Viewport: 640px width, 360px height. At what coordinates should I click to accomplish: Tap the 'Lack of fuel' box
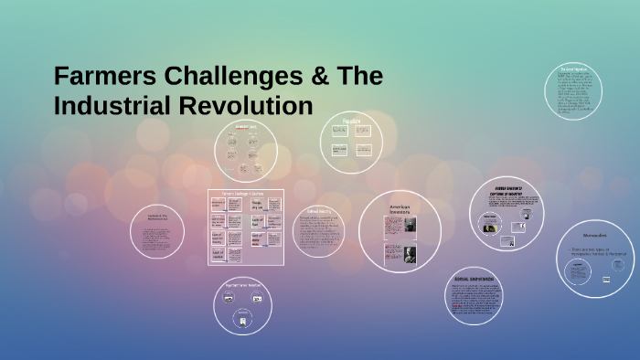pos(257,220)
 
